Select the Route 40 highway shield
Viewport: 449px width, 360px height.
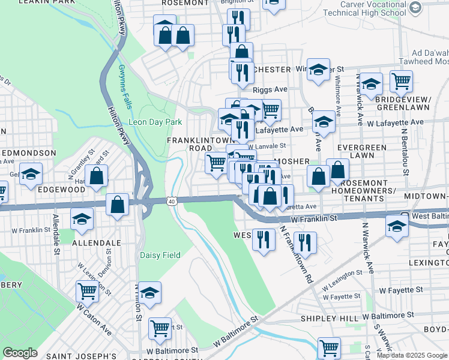(172, 202)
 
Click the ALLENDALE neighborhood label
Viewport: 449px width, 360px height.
(96, 243)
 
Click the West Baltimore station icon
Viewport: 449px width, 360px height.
(405, 216)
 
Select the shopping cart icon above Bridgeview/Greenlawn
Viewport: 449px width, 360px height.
(401, 80)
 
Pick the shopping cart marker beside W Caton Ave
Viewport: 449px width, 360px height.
(88, 291)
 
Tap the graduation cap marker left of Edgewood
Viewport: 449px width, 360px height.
(31, 173)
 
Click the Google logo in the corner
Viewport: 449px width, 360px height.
(20, 352)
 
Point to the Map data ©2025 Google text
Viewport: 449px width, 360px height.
(412, 355)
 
